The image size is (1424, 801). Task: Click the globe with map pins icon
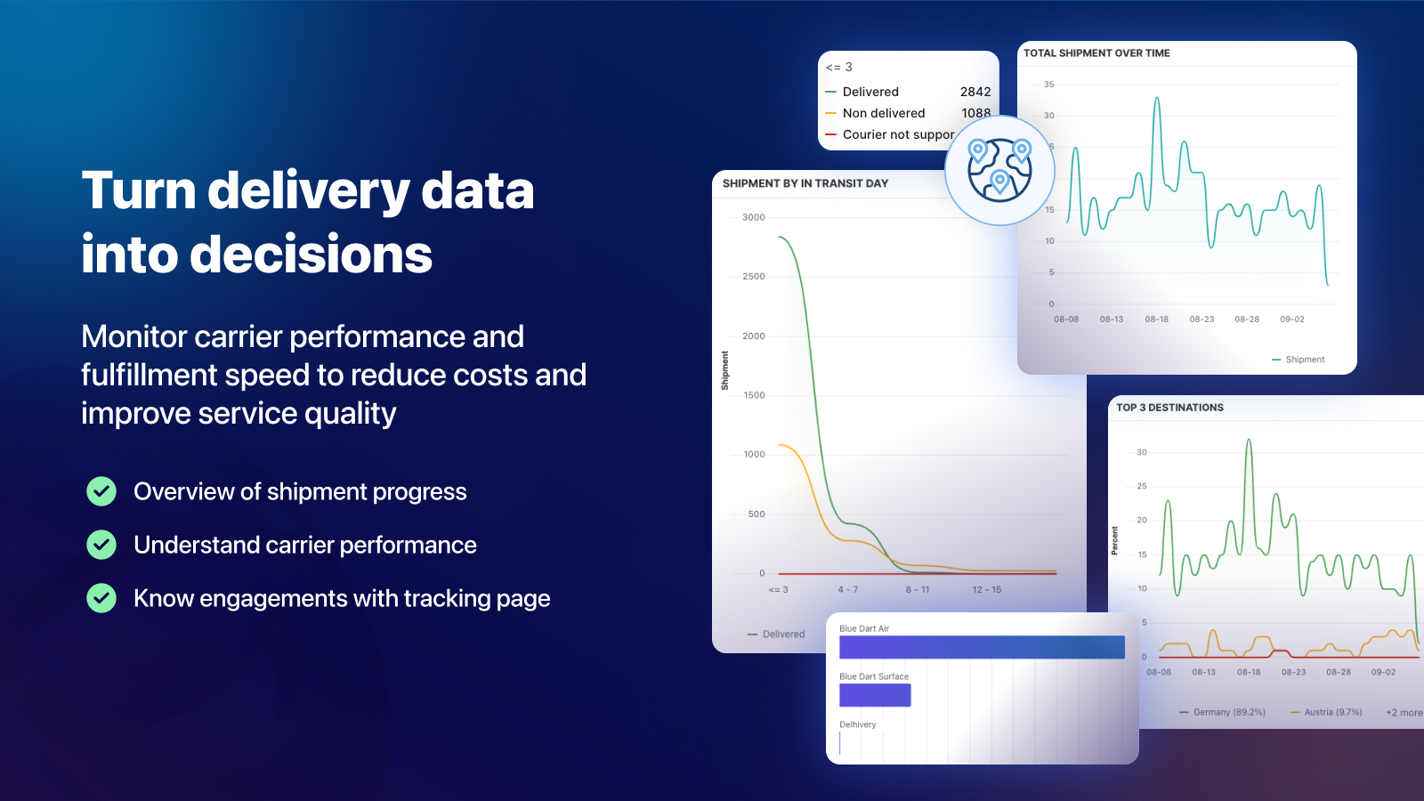(999, 170)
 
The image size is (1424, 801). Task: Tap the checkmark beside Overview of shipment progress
(101, 491)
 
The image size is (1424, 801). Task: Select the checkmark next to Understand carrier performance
(101, 545)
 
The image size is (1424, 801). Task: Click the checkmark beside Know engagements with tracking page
(101, 598)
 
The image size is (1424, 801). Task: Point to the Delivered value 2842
(975, 92)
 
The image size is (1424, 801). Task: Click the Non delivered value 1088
(975, 113)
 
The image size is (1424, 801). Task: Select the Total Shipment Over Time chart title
(1096, 53)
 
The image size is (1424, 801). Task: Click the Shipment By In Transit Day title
(805, 183)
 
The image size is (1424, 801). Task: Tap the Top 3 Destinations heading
(1169, 408)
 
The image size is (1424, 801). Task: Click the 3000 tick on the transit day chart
(753, 217)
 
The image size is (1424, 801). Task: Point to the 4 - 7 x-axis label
(847, 590)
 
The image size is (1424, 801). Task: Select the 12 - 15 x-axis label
(987, 590)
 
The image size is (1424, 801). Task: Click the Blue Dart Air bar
(982, 647)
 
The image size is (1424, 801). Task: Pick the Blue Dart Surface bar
(875, 695)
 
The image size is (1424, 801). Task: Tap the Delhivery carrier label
(858, 724)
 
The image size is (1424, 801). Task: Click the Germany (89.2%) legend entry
(1222, 713)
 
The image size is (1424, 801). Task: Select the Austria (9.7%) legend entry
(1326, 713)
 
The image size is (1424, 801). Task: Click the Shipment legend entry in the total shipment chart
(1299, 360)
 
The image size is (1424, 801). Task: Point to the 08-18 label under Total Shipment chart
(1156, 320)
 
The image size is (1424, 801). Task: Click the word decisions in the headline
(311, 255)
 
